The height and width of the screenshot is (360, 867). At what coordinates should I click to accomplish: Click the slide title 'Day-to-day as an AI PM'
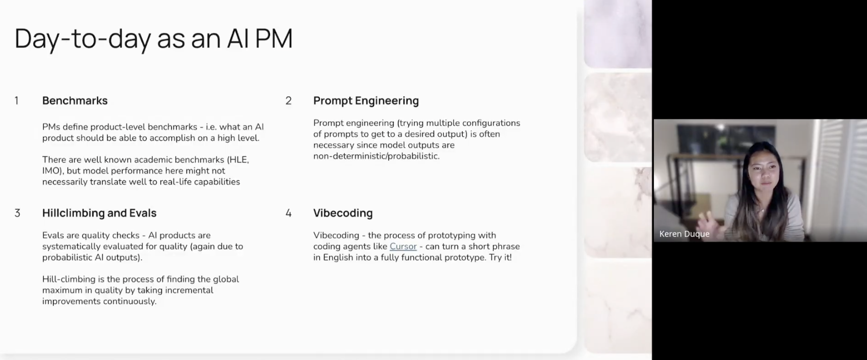154,39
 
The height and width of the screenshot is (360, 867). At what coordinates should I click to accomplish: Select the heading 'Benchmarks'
75,101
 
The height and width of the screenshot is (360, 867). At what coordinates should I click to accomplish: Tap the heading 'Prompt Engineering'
366,101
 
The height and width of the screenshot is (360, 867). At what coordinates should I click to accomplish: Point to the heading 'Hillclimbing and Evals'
99,213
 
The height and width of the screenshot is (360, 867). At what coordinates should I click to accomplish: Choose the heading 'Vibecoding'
343,213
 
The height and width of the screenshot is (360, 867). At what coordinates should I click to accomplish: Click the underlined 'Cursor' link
403,247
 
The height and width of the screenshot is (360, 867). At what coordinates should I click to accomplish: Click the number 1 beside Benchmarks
17,101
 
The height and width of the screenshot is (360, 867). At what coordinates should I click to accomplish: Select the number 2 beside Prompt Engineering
288,101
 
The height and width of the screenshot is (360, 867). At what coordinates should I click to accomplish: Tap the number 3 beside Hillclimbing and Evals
18,213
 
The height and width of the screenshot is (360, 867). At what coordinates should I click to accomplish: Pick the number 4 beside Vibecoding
288,213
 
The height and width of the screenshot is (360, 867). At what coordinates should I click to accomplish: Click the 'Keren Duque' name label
685,234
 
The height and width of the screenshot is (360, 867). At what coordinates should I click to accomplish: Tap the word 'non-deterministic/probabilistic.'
377,156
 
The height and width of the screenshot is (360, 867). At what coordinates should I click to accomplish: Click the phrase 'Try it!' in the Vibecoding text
500,258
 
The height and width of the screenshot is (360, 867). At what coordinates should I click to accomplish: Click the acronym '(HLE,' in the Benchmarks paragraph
238,160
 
